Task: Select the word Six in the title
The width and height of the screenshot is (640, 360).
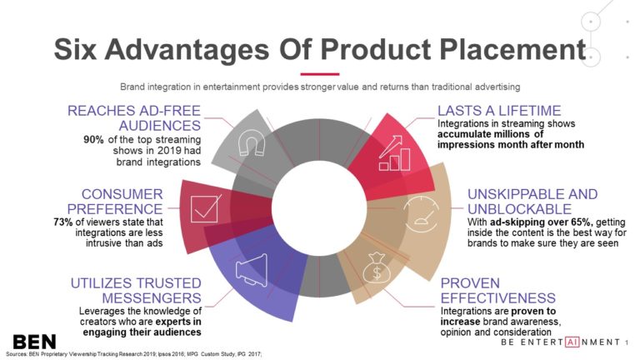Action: coord(79,49)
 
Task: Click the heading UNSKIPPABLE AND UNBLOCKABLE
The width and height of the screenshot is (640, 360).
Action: coord(532,201)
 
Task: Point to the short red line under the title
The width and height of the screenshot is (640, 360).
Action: coord(319,72)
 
